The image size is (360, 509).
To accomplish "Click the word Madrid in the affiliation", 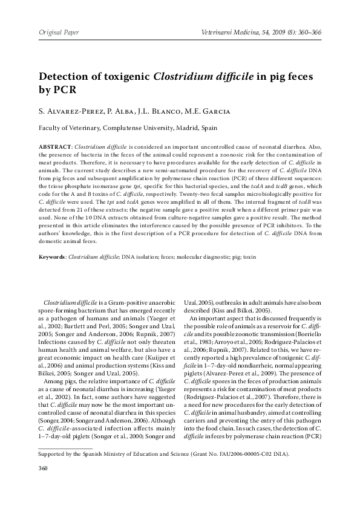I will click(x=186, y=128).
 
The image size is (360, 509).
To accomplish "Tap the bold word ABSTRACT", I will click(x=55, y=146).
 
